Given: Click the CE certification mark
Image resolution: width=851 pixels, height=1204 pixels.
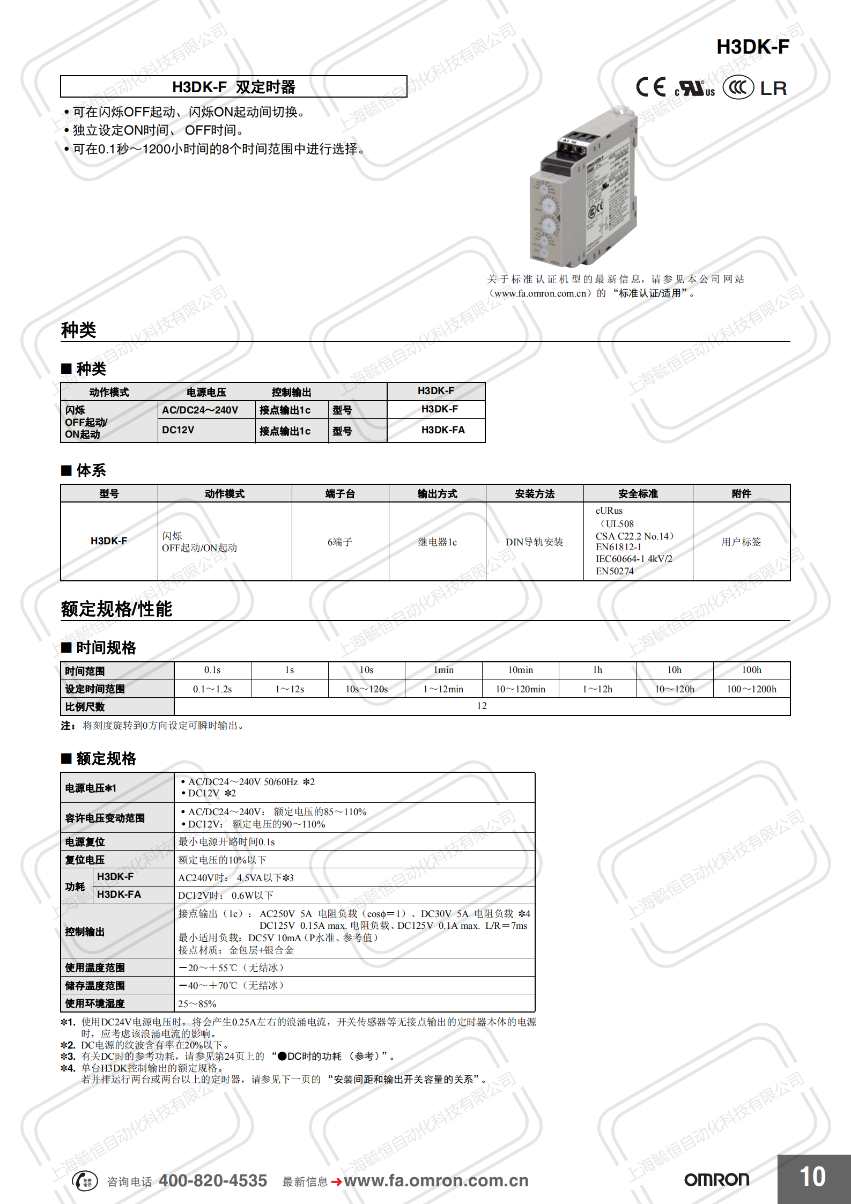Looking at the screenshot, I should pyautogui.click(x=650, y=87).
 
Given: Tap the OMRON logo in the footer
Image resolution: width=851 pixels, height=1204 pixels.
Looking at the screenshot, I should pyautogui.click(x=716, y=1179).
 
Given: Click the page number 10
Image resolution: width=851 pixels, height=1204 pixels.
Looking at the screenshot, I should pyautogui.click(x=812, y=1177).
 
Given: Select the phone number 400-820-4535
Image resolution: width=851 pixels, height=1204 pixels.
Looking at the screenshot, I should pyautogui.click(x=213, y=1180).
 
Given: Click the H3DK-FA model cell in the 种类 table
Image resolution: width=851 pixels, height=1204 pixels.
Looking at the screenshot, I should pyautogui.click(x=442, y=430).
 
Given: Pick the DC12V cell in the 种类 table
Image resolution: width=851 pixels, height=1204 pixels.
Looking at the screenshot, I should pyautogui.click(x=179, y=430).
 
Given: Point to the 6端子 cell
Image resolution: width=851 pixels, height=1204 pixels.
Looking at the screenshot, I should pyautogui.click(x=340, y=542).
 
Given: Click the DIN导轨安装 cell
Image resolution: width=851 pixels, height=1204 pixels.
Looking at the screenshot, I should pyautogui.click(x=534, y=542).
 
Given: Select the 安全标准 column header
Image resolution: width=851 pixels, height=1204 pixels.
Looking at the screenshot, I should pyautogui.click(x=638, y=493).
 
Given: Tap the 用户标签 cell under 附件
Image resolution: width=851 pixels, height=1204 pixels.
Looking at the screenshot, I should pyautogui.click(x=741, y=542).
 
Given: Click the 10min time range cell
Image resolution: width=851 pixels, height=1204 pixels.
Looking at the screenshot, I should pyautogui.click(x=520, y=670).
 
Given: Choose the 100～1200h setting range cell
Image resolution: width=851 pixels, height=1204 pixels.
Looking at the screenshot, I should pyautogui.click(x=751, y=689).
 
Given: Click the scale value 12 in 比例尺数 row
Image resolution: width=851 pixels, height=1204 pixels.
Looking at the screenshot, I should pyautogui.click(x=482, y=706).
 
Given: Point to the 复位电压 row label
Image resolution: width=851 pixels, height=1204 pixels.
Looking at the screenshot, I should pyautogui.click(x=85, y=860).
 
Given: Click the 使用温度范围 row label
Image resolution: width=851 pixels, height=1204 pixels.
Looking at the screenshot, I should pyautogui.click(x=95, y=967).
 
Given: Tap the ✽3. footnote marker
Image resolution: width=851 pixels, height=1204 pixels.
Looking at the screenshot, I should pyautogui.click(x=68, y=1056).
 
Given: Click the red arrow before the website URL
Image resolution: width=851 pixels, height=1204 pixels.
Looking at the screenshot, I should pyautogui.click(x=336, y=1181).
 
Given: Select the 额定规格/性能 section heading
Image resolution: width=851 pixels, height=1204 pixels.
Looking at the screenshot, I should pyautogui.click(x=116, y=609).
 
